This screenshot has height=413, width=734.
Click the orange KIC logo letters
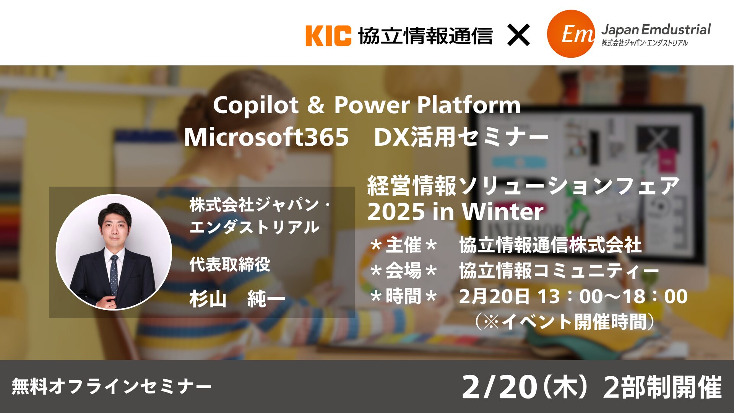pos(328,36)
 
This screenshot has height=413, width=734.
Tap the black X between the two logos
pos(518,35)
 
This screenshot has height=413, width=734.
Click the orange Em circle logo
pos(571,34)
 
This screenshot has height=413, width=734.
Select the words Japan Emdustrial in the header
pos(656,29)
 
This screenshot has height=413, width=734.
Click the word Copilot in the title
pos(256,105)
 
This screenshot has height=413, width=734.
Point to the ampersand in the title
pos(316,105)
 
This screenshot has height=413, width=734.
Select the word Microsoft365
pos(266,137)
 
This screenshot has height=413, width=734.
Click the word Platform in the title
pos(469,105)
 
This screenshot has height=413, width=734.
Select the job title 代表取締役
pos(230,264)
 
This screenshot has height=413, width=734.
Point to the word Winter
pos(503,211)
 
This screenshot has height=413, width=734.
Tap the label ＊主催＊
pos(404,245)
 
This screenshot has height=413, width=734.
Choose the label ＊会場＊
pos(404,271)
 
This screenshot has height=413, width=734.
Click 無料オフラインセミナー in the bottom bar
pos(111,386)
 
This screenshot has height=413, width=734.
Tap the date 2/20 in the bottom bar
pos(499,387)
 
